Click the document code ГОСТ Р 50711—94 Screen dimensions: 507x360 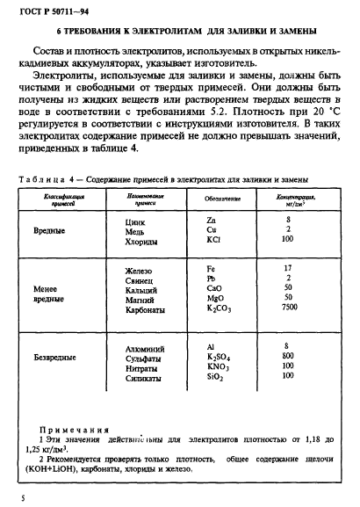click(41, 10)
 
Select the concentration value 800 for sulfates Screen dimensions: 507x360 click(287, 358)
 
